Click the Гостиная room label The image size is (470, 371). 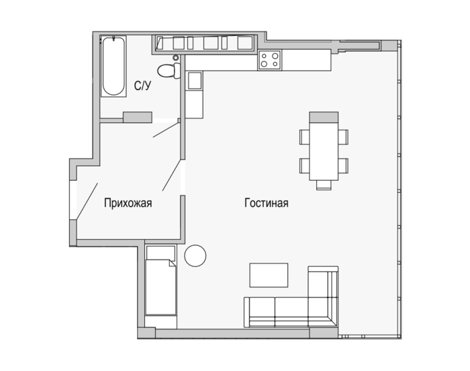(266, 203)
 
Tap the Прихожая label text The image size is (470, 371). (128, 203)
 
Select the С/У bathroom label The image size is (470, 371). (142, 86)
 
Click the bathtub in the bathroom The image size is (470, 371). (113, 66)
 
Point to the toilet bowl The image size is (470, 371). (169, 71)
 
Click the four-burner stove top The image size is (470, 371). (269, 60)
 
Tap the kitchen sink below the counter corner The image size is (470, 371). (194, 81)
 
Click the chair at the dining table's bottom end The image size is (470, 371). (324, 185)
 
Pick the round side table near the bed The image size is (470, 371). (195, 256)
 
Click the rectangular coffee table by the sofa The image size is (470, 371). (269, 276)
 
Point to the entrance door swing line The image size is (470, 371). (87, 201)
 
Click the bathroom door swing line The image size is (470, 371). (166, 130)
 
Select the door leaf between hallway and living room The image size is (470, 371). (171, 175)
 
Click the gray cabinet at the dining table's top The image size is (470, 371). (324, 117)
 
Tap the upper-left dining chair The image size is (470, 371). (305, 137)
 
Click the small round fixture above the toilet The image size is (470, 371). (176, 58)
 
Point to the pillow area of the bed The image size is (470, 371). (160, 253)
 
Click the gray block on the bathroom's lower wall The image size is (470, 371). (138, 118)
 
